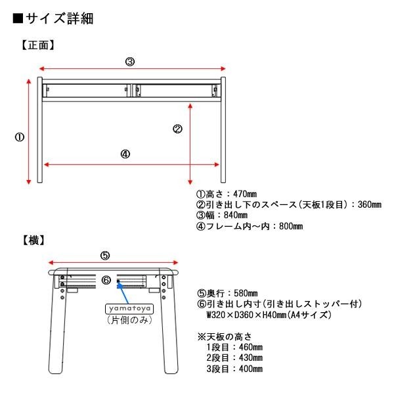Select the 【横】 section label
click(x=33, y=241)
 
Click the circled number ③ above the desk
click(x=130, y=61)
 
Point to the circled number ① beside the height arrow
click(x=20, y=137)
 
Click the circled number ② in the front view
click(x=177, y=129)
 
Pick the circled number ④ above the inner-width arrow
click(x=125, y=154)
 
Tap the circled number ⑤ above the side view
click(x=105, y=256)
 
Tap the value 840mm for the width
click(x=234, y=216)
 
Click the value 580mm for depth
click(x=244, y=293)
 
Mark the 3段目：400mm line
click(x=234, y=369)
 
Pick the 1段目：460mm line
click(x=234, y=347)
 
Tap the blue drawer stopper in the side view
click(x=118, y=285)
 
